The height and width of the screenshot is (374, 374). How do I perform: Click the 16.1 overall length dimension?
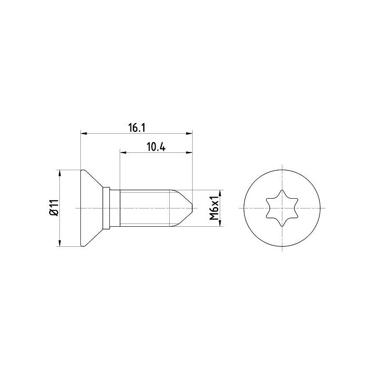click(x=137, y=128)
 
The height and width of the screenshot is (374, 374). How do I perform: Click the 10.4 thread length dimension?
click(x=156, y=147)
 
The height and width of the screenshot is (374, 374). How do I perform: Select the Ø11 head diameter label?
click(x=54, y=208)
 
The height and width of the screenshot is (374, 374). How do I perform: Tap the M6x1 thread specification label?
click(x=214, y=208)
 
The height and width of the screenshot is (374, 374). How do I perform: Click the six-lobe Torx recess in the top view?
click(x=282, y=208)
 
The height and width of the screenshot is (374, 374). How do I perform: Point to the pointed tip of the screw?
click(x=192, y=208)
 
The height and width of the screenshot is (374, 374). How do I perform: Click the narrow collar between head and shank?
click(x=106, y=208)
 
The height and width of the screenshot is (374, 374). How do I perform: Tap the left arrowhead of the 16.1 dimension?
click(x=84, y=133)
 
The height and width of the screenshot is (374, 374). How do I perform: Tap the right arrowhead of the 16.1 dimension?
click(x=189, y=133)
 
